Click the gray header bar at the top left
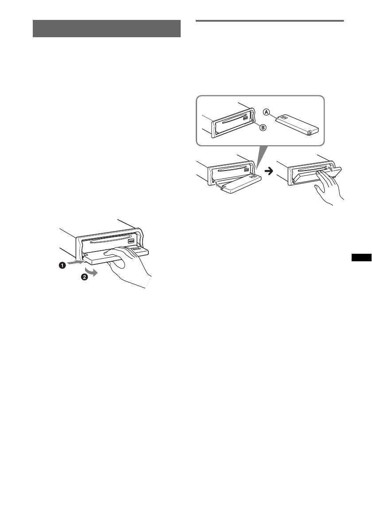pos(107,29)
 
